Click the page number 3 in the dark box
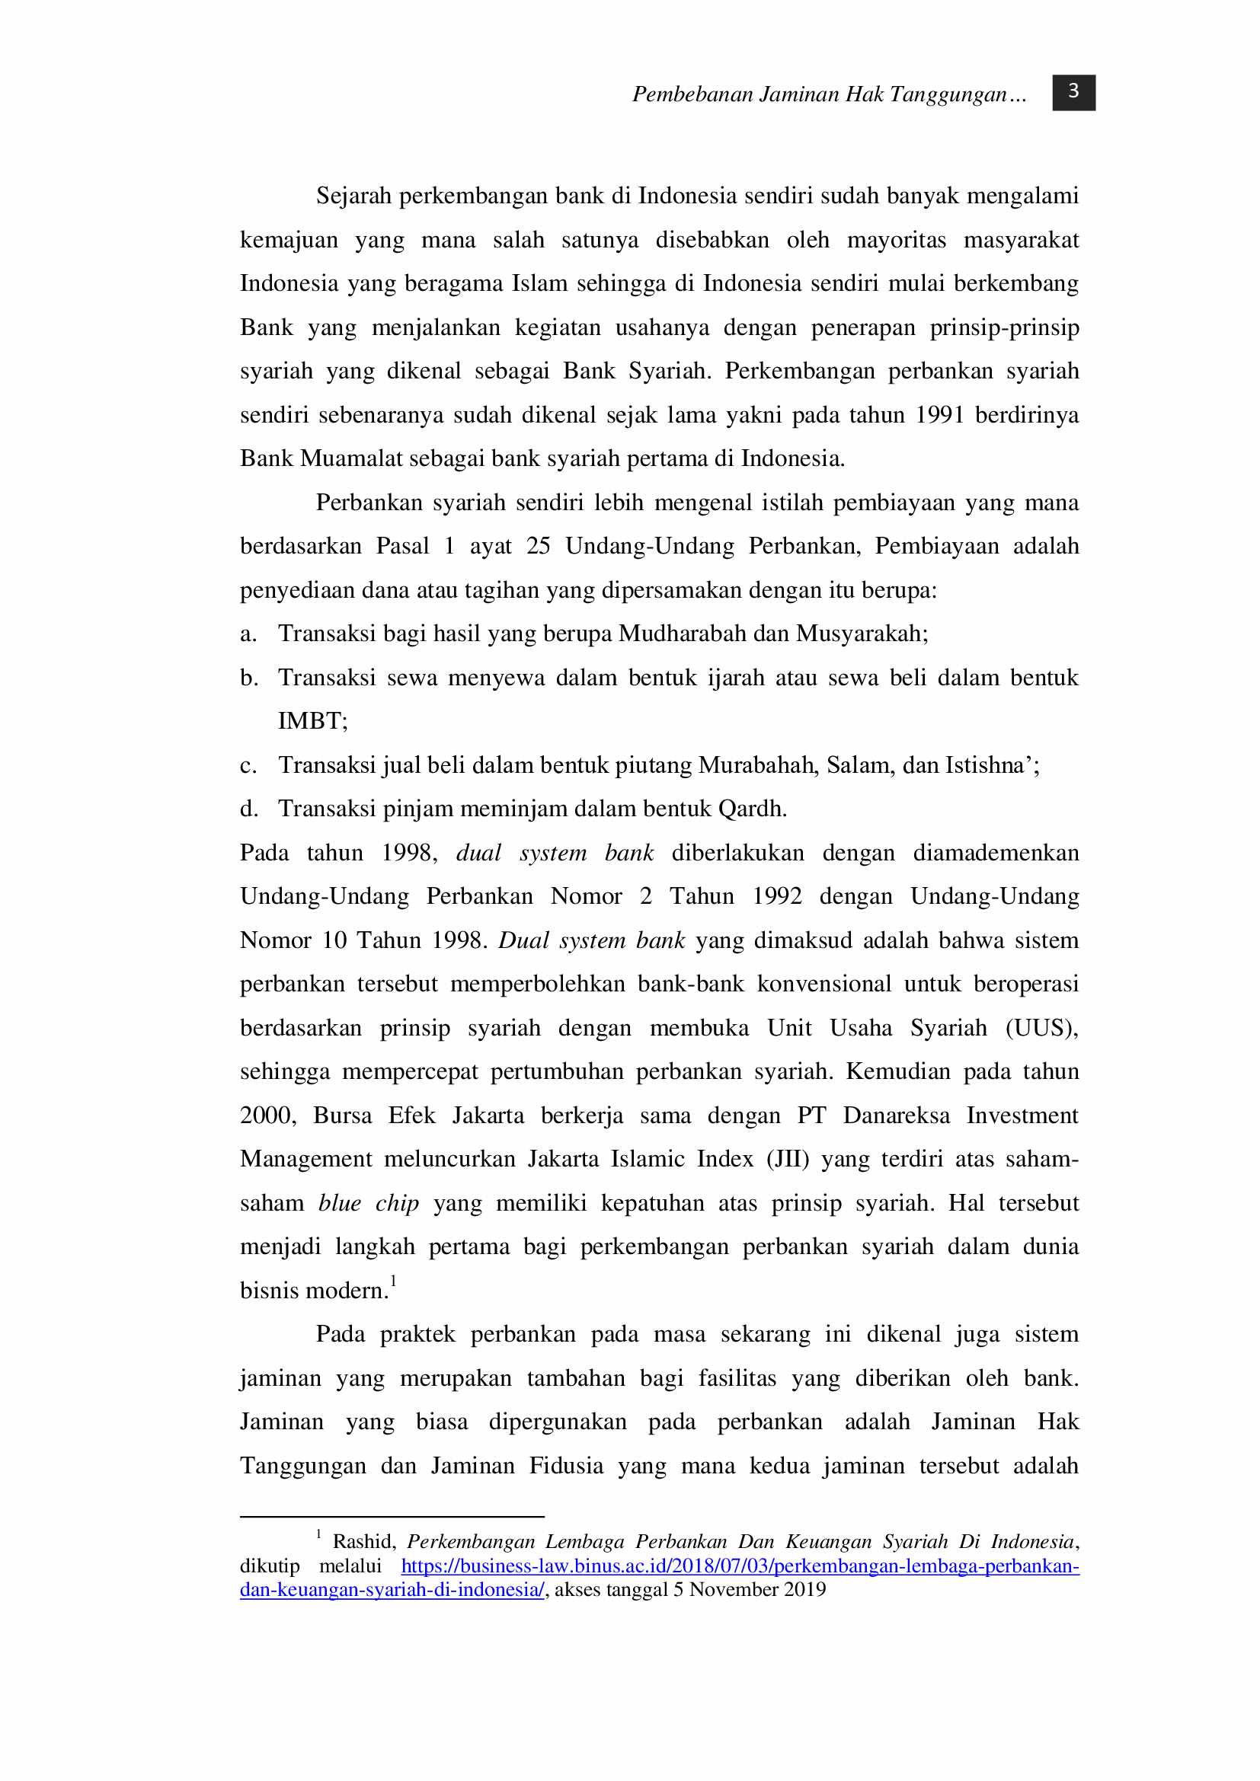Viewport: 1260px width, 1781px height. tap(1073, 92)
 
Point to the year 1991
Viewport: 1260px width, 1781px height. tap(939, 415)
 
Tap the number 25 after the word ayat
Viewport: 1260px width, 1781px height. tap(539, 546)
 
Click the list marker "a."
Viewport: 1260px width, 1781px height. tap(248, 634)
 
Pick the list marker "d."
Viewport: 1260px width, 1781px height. tap(248, 809)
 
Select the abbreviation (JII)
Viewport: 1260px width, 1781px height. tap(788, 1159)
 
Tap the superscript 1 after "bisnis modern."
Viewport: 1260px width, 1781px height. tap(393, 1281)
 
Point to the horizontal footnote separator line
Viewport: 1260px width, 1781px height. tap(392, 1517)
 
